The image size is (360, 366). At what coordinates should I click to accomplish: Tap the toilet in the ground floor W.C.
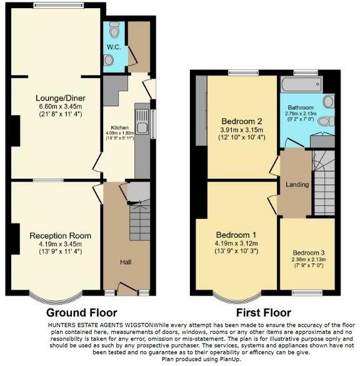point(113,30)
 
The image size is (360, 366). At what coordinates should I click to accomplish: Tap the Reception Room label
point(60,236)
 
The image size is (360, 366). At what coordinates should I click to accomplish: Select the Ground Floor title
point(82,312)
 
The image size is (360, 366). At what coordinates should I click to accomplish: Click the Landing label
point(296,184)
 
